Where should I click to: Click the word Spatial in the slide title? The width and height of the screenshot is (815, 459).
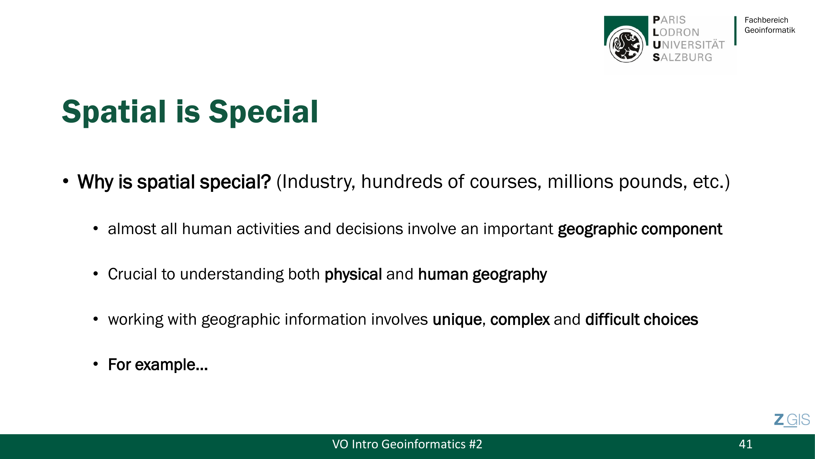coord(114,112)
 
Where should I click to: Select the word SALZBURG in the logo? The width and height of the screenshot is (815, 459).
coord(682,57)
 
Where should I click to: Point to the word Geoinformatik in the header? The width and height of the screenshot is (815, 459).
coord(769,30)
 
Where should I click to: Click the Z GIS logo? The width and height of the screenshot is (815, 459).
coord(792,420)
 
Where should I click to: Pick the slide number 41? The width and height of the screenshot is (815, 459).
coord(745,444)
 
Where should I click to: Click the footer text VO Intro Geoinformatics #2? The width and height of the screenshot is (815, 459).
coord(407,444)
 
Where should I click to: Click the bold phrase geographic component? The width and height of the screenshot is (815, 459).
coord(640,229)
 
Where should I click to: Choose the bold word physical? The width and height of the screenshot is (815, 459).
coord(353,274)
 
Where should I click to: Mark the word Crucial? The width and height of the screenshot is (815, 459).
coord(132,274)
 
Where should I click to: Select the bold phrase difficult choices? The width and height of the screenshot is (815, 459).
coord(642,319)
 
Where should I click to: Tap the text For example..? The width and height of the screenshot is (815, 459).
coord(158,365)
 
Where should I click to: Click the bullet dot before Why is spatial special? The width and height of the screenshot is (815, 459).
coord(65,181)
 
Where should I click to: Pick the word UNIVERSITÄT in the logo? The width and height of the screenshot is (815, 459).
coord(688,45)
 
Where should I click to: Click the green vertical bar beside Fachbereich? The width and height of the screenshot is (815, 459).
coord(735,31)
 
